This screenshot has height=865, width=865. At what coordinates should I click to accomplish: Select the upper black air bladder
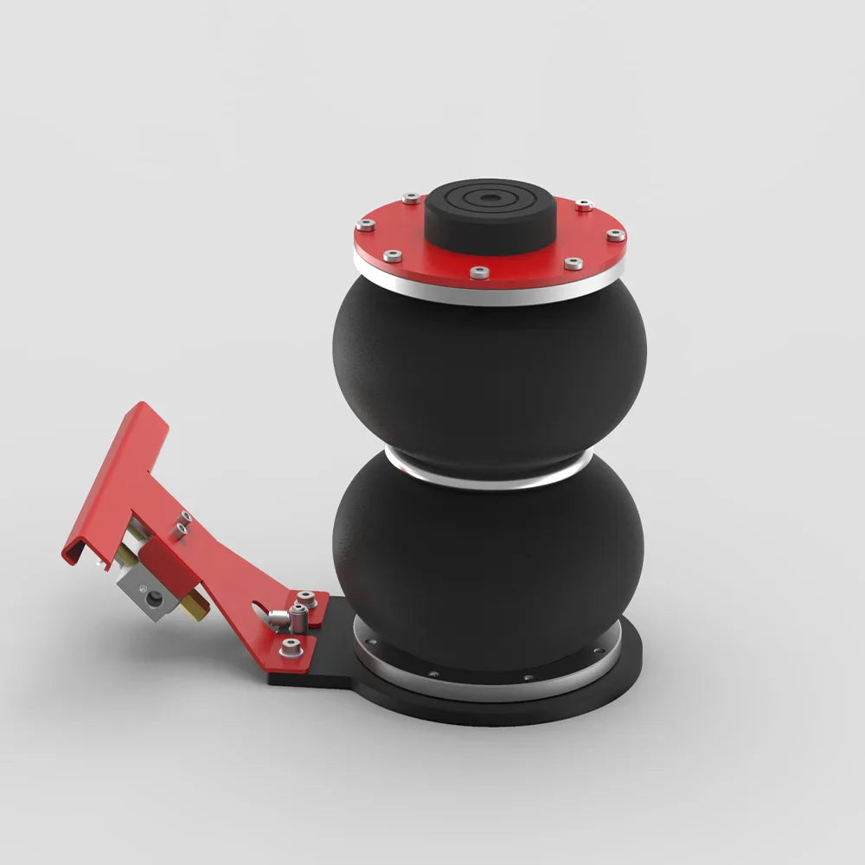click(x=488, y=372)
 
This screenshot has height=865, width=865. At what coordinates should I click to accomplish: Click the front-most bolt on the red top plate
click(x=480, y=272)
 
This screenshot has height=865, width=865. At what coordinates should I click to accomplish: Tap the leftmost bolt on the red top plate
click(x=366, y=225)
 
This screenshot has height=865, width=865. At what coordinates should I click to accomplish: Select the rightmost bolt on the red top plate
click(x=613, y=234)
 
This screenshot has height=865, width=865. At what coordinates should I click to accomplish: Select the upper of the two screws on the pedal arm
click(x=183, y=518)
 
